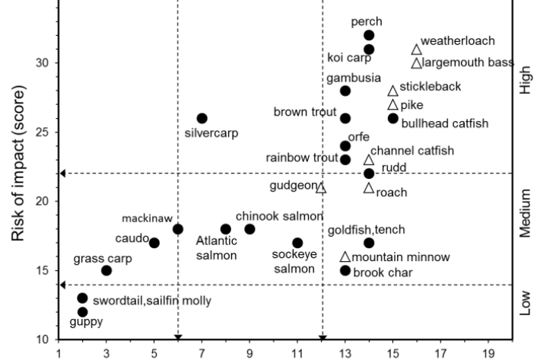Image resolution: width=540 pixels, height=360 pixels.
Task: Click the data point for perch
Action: click(369, 35)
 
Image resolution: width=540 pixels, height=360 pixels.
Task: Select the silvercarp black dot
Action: click(202, 118)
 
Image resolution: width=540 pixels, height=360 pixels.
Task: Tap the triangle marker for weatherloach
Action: click(417, 49)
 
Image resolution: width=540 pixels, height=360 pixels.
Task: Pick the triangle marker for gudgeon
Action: click(321, 187)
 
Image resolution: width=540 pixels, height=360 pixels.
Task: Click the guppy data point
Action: click(82, 312)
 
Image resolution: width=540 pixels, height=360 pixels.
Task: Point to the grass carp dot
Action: click(106, 270)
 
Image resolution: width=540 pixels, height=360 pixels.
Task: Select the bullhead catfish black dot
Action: click(392, 118)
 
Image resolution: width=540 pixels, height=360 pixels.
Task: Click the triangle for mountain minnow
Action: click(345, 257)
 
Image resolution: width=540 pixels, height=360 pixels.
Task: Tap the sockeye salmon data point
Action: click(297, 243)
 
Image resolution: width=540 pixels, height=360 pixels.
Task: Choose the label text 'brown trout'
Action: click(304, 112)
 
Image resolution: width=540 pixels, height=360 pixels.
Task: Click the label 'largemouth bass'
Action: click(468, 62)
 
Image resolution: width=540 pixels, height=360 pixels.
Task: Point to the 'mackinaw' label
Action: click(147, 217)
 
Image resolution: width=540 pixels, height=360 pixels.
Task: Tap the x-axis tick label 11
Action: click(297, 353)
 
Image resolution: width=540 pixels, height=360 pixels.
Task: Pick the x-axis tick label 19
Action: click(488, 353)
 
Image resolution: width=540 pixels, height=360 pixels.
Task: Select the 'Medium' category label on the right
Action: click(526, 215)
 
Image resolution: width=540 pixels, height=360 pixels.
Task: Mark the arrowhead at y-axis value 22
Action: click(63, 174)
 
